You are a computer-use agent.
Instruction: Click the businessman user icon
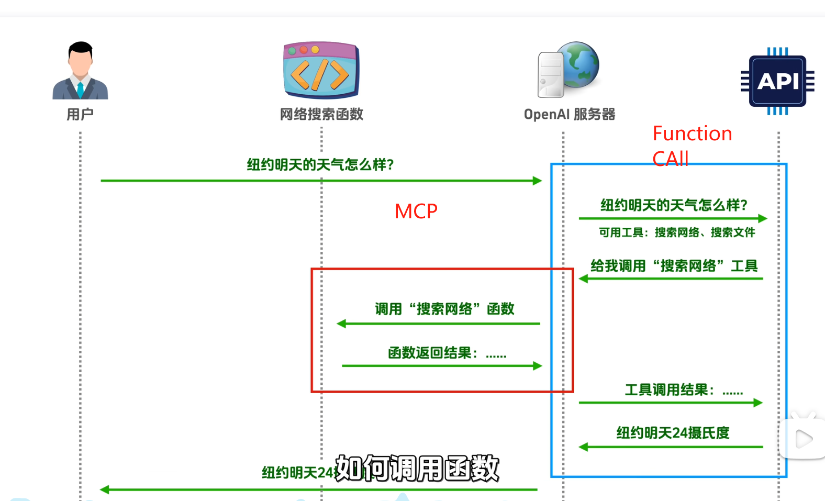point(80,71)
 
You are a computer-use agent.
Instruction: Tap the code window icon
point(321,71)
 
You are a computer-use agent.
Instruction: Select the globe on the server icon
point(578,64)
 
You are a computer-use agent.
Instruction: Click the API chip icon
point(778,81)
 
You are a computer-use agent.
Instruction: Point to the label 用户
point(80,114)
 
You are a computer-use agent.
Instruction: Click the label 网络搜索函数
point(321,114)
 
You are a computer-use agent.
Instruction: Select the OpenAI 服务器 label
point(570,114)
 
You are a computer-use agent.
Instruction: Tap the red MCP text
point(416,211)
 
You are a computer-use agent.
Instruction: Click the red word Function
point(692,134)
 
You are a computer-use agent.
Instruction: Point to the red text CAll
point(670,159)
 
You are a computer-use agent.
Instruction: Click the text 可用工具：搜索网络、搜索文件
point(677,232)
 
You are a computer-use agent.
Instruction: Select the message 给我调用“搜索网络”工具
point(674,266)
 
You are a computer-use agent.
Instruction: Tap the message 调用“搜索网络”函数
point(444,309)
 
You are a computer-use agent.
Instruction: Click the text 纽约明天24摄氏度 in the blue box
point(673,433)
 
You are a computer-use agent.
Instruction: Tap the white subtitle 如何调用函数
point(417,468)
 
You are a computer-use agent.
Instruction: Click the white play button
point(802,439)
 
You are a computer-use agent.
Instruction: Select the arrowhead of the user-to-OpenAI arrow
point(537,181)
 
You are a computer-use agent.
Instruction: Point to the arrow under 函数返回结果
point(441,366)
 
